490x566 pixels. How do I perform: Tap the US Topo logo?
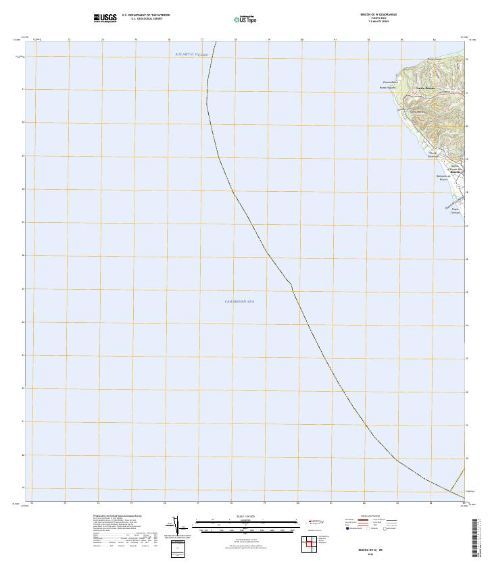[x=245, y=20]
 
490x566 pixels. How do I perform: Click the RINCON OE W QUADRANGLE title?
[x=378, y=14]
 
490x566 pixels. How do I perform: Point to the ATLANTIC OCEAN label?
[x=191, y=55]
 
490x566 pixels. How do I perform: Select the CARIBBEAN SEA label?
[x=244, y=301]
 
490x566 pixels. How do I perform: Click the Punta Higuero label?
[x=387, y=88]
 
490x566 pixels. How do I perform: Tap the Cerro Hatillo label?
[x=416, y=111]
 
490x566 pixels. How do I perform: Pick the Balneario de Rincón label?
[x=443, y=178]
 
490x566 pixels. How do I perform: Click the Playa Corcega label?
[x=455, y=211]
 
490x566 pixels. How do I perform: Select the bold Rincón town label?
[x=455, y=172]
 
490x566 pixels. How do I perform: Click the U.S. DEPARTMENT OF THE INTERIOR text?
[x=146, y=14]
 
